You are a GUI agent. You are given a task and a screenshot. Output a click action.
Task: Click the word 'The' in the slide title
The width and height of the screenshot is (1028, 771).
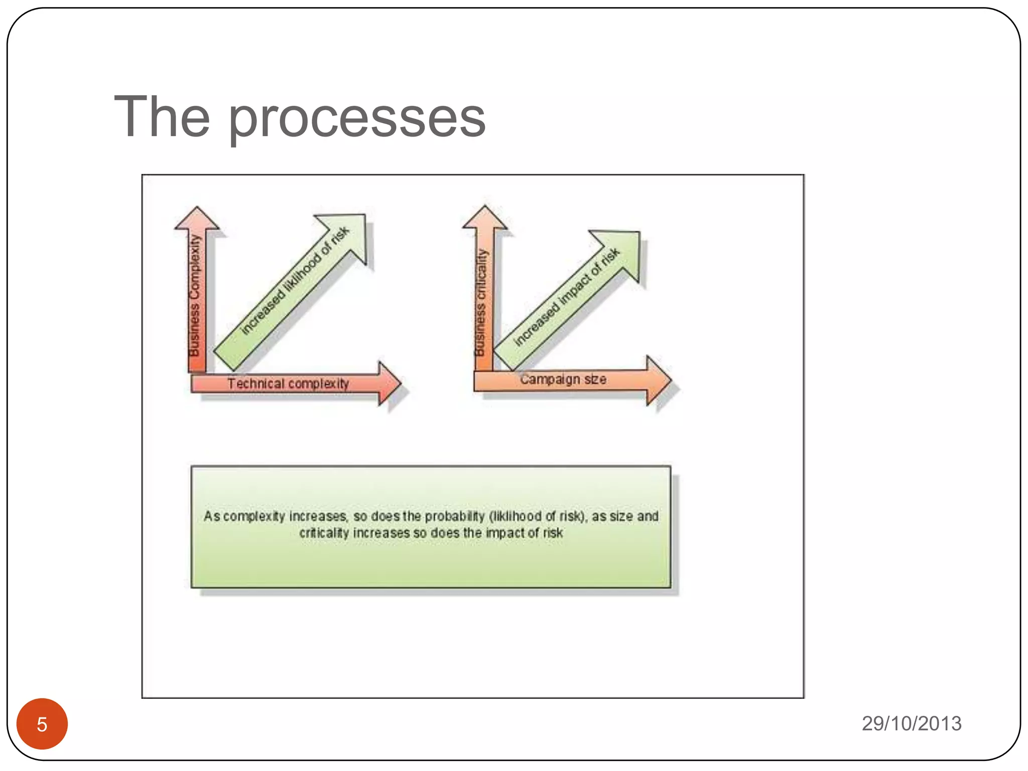tap(162, 116)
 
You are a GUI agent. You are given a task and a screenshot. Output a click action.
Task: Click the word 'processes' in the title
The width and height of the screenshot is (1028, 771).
tap(357, 118)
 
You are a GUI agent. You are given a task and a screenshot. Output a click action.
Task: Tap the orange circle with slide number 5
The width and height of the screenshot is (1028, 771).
tap(42, 724)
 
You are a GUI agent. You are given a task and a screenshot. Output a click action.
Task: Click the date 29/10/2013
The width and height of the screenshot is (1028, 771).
tap(911, 723)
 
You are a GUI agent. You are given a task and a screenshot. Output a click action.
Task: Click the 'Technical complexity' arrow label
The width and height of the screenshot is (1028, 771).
tap(288, 384)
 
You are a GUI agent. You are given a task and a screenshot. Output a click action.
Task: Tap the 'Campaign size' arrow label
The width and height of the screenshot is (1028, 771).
tap(563, 379)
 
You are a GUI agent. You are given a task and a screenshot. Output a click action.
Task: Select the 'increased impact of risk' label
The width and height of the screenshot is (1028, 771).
tap(567, 297)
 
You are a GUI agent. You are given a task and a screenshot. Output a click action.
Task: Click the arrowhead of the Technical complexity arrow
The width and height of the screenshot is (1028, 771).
tap(389, 383)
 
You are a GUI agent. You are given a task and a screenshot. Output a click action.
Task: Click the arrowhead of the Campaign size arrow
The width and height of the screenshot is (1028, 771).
tap(658, 380)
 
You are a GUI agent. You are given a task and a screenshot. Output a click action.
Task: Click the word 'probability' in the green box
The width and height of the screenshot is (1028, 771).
tap(455, 516)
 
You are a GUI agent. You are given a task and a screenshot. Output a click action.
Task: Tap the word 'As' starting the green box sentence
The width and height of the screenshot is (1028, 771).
tap(211, 516)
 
